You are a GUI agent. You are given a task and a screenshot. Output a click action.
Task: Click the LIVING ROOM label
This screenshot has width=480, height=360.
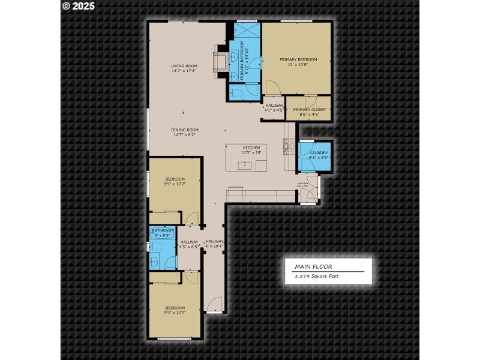184,66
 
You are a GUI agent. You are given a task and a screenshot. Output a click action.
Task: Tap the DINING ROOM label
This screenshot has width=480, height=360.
185,130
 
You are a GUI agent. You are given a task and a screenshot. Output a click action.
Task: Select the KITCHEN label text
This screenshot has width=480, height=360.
251,148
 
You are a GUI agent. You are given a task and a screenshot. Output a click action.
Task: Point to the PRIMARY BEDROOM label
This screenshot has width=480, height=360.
298,59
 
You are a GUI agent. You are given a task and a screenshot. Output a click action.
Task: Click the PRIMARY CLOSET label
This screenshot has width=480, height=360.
309,109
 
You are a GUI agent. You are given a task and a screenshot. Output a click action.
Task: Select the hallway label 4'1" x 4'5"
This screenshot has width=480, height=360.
274,110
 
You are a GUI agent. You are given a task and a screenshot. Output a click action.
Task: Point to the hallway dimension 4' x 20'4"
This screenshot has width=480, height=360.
214,247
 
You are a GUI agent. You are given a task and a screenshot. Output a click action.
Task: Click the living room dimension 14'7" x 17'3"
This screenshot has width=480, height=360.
184,71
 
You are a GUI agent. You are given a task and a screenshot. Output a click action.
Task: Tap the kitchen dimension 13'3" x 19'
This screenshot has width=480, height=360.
251,153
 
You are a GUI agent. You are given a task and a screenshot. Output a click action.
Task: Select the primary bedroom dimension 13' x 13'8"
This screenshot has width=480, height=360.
298,65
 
